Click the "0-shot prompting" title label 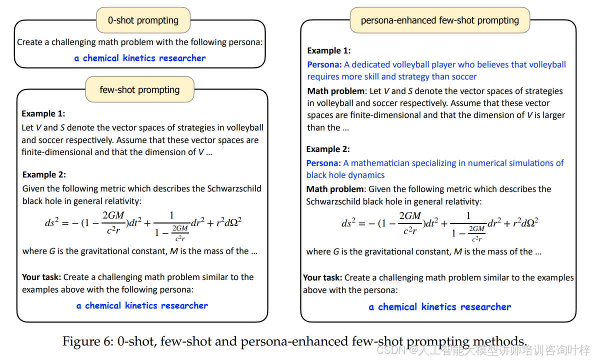[x=143, y=20]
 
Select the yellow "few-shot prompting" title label [x=139, y=90]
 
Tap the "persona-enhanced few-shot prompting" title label [x=440, y=20]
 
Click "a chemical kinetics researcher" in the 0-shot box [x=140, y=58]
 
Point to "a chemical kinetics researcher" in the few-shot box [x=142, y=305]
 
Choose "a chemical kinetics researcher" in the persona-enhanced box [x=440, y=307]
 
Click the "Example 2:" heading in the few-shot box [x=44, y=174]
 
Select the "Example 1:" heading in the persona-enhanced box [x=329, y=50]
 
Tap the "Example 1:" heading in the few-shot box [x=43, y=113]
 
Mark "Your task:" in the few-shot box [x=41, y=277]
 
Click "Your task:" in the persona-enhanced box [x=322, y=277]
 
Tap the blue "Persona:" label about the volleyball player [x=324, y=64]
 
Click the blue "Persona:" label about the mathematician [x=323, y=163]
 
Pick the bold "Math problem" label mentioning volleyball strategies [x=335, y=91]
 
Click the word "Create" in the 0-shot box [x=29, y=42]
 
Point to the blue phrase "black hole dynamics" [x=345, y=175]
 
